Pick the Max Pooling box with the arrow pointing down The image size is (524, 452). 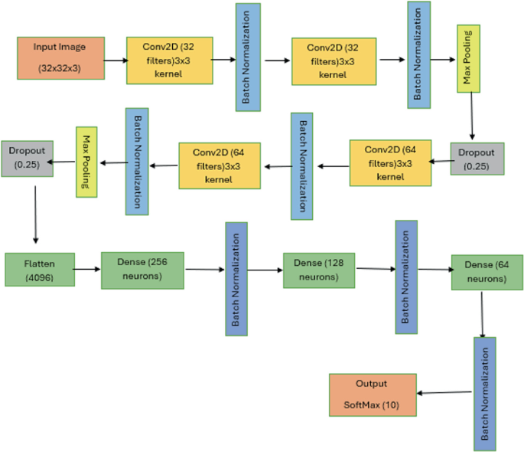point(468,58)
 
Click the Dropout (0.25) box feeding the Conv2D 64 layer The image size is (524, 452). point(477,159)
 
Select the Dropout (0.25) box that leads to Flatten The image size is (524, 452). point(27,158)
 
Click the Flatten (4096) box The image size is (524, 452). point(39,269)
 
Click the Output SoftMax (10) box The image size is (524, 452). point(373,395)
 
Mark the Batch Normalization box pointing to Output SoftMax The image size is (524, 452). point(485,392)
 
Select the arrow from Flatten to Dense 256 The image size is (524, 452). point(88,269)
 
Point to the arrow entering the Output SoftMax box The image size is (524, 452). point(444,393)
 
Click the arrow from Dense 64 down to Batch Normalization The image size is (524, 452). point(483,313)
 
